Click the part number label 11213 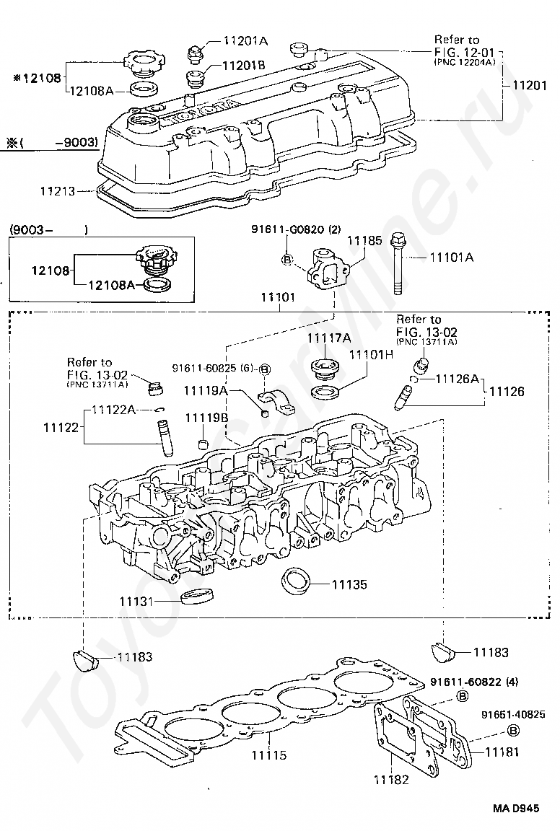[58, 190]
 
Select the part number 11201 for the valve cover [529, 85]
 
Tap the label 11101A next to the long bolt [451, 258]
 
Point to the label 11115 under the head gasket [269, 755]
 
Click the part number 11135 [349, 584]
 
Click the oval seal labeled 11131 [197, 596]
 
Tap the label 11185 [364, 241]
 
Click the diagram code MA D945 [516, 808]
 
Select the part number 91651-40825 [513, 714]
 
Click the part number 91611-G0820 [289, 229]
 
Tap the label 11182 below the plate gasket [391, 779]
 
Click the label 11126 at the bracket [507, 391]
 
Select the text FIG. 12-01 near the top [464, 52]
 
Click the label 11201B [244, 65]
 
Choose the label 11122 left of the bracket [61, 426]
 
